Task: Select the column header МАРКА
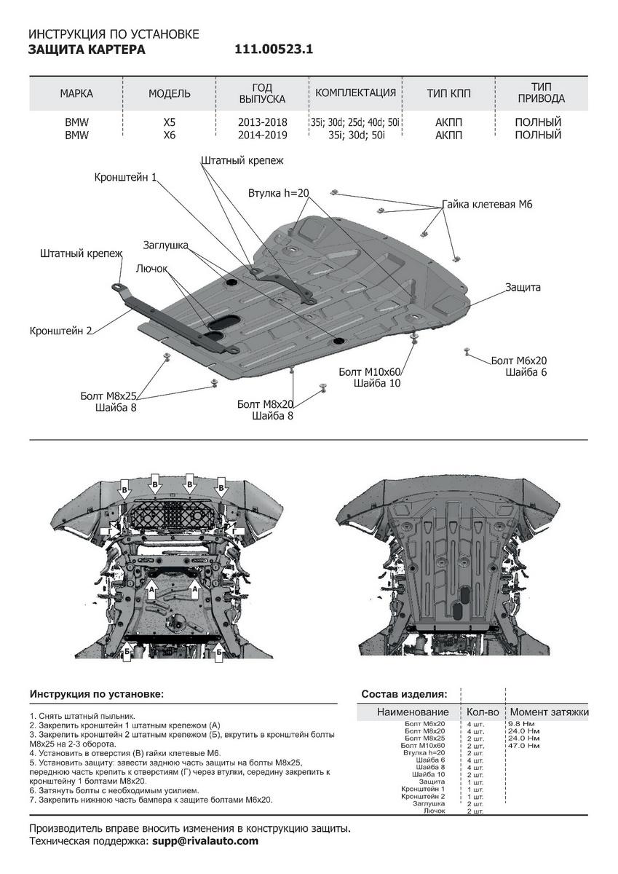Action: click(76, 93)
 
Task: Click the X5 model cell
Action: click(169, 122)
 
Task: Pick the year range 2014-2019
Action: click(262, 135)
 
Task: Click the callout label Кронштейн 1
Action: click(125, 177)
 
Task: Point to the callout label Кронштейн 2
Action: click(61, 331)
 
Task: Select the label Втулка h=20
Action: click(278, 194)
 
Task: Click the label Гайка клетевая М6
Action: click(487, 205)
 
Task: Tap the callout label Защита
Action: click(523, 288)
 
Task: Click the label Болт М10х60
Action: click(370, 371)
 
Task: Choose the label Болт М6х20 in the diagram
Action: click(518, 361)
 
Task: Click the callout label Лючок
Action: click(151, 269)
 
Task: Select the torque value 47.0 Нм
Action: click(523, 746)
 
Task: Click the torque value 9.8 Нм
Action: click(522, 724)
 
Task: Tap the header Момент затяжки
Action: click(549, 712)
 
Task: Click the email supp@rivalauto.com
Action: click(205, 840)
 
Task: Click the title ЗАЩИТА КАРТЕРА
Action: click(87, 50)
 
